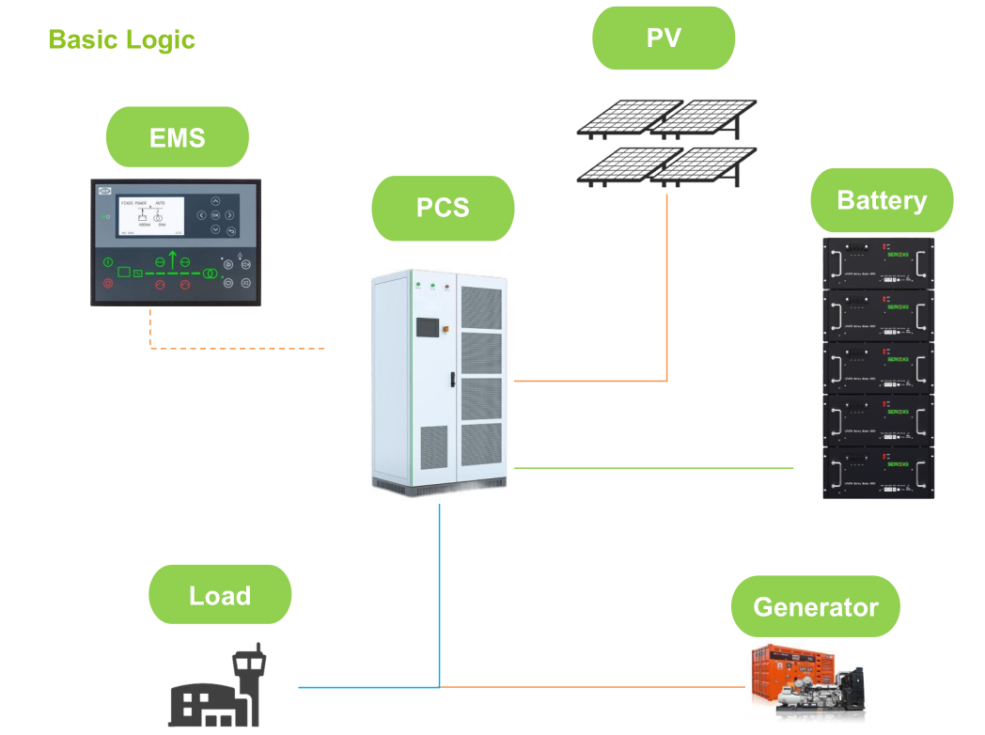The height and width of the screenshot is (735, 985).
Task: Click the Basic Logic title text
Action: point(121,39)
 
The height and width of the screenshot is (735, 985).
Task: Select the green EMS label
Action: point(178,137)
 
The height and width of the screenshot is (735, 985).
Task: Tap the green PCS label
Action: point(443,207)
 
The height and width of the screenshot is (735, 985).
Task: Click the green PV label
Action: point(664,38)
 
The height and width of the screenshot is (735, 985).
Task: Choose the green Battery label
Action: point(882,200)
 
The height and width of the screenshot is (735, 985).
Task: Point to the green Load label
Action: point(220,595)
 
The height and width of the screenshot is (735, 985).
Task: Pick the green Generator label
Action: point(815,606)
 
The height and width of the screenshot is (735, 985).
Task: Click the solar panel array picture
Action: point(666,141)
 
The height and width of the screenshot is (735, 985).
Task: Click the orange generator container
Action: point(790,678)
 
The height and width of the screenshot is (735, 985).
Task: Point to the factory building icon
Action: point(214,690)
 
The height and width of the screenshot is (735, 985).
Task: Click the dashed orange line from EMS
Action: point(235,349)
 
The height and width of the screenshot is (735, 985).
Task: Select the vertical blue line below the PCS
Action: point(439,592)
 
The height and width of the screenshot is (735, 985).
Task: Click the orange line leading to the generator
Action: point(592,687)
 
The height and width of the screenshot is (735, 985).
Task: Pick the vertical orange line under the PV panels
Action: point(667,282)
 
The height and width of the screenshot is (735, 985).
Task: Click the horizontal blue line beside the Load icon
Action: point(367,687)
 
